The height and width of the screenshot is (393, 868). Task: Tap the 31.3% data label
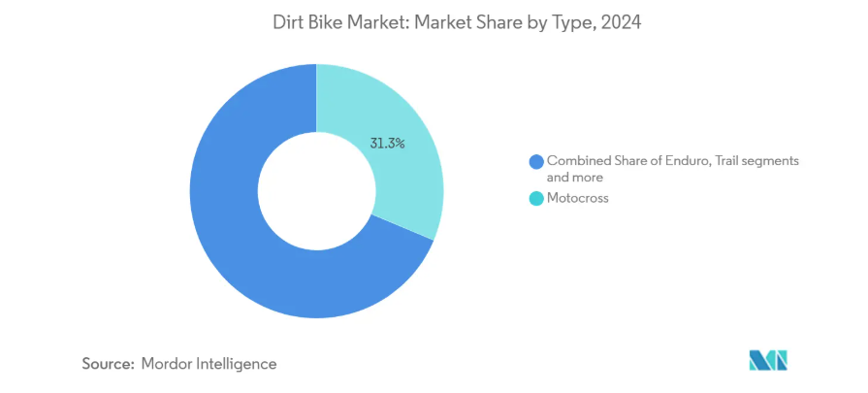point(387,143)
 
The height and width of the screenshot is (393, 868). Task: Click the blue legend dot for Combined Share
point(534,161)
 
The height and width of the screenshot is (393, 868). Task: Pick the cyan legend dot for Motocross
point(534,198)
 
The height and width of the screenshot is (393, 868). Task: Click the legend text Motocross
point(578,198)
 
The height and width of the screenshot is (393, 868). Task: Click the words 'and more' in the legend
point(575,178)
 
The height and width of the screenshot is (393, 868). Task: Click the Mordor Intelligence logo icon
point(768,360)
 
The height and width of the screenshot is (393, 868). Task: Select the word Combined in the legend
point(579,161)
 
